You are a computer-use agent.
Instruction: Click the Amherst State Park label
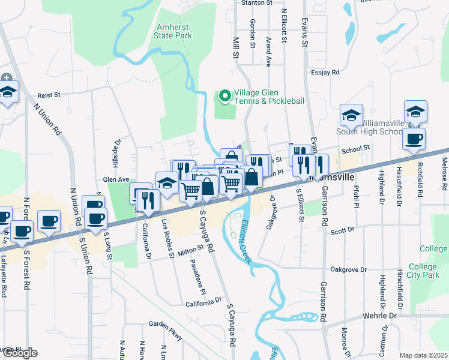coord(174,31)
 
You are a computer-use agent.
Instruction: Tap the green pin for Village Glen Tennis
coord(224,96)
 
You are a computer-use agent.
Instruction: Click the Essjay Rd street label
coord(326,72)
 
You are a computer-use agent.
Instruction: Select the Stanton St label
coord(256,3)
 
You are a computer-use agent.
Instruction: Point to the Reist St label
coord(50,95)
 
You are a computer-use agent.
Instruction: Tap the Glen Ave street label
coord(116,179)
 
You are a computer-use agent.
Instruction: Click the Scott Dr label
coord(343,230)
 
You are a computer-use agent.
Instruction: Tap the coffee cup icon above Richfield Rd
coord(414,139)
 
